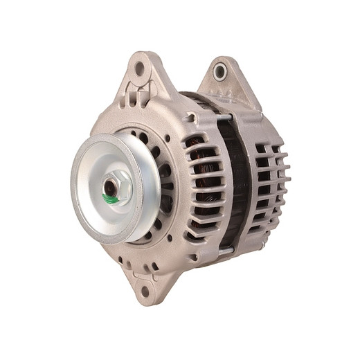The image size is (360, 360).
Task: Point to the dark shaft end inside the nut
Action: tap(110, 187)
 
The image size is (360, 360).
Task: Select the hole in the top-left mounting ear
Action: tap(140, 69)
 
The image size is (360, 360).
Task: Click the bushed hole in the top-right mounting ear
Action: tap(221, 70)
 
